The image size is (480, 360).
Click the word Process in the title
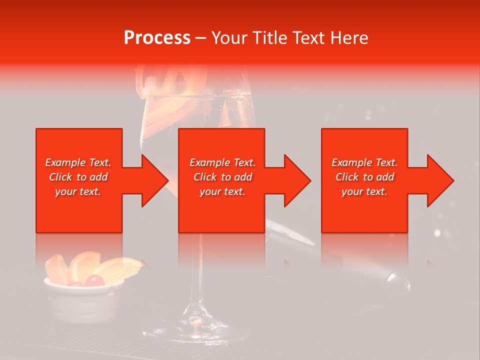coord(157,38)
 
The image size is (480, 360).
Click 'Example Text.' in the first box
coord(78,162)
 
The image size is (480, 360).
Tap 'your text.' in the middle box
coord(222,191)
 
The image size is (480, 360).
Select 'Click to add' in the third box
coord(365,177)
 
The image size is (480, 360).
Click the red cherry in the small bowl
coord(93,281)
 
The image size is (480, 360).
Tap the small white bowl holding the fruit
coord(82,300)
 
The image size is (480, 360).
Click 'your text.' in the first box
coord(78,191)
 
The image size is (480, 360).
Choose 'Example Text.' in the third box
coord(365,162)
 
